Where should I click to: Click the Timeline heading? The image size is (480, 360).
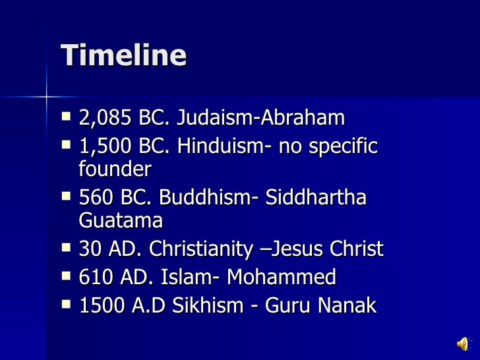123,55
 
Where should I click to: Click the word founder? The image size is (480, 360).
115,169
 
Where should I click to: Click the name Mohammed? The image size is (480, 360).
281,278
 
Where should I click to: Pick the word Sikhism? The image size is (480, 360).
192,306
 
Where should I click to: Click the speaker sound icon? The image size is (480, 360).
464,343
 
